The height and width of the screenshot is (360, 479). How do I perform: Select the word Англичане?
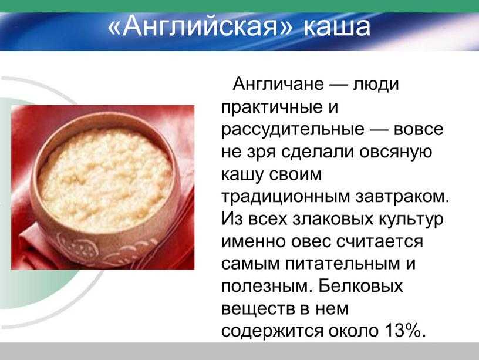pyautogui.click(x=278, y=84)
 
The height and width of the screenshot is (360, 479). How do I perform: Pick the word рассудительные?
pyautogui.click(x=293, y=130)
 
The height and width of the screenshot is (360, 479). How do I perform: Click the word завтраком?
pyautogui.click(x=402, y=197)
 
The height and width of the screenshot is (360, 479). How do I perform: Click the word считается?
pyautogui.click(x=380, y=242)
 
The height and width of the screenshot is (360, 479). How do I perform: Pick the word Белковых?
pyautogui.click(x=360, y=287)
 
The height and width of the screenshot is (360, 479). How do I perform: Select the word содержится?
pyautogui.click(x=272, y=331)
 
